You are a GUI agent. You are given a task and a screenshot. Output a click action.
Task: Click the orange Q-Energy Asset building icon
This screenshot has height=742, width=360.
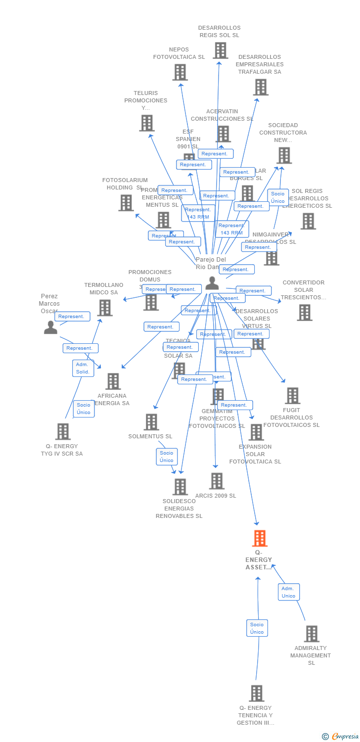click(x=260, y=538)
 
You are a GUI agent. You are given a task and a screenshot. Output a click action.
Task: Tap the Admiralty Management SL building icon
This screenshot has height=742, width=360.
click(x=312, y=634)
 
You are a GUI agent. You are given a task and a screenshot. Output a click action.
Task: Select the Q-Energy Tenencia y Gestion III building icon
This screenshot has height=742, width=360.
click(x=256, y=694)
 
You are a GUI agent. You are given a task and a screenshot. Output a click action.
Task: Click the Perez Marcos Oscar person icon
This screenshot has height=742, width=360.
click(x=50, y=327)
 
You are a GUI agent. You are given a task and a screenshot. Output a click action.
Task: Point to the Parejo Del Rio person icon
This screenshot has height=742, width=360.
click(x=212, y=283)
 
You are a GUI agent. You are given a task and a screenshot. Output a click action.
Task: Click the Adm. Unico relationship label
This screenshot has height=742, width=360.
click(x=288, y=592)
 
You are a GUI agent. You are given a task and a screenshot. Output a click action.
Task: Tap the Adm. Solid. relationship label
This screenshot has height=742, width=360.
click(x=83, y=368)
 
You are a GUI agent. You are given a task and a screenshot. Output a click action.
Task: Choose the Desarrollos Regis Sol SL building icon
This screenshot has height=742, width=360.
click(x=220, y=50)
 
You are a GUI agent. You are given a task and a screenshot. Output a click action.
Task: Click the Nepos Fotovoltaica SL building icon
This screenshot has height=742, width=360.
click(x=180, y=72)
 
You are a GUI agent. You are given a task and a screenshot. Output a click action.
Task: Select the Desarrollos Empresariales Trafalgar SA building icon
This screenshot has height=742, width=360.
click(x=261, y=87)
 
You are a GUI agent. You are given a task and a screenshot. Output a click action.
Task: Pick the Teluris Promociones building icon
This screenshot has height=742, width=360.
click(x=146, y=123)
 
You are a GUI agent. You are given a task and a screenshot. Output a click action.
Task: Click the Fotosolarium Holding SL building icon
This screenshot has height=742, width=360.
click(x=126, y=203)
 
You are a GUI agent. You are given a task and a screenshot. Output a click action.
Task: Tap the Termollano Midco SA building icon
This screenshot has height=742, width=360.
click(x=105, y=308)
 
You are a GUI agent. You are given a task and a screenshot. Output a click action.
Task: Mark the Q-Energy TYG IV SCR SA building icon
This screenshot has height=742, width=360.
click(x=63, y=431)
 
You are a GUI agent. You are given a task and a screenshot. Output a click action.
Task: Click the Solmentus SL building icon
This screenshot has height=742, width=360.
click(x=151, y=422)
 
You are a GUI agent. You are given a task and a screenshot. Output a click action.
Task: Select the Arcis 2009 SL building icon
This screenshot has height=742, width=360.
click(x=217, y=481)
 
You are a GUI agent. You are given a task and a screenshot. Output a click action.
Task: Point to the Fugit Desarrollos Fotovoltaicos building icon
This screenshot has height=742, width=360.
click(x=292, y=396)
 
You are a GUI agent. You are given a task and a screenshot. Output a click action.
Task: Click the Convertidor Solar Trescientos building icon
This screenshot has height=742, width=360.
click(x=305, y=313)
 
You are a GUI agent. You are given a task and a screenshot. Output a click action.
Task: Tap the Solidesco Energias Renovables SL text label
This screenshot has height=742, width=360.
click(x=179, y=509)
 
